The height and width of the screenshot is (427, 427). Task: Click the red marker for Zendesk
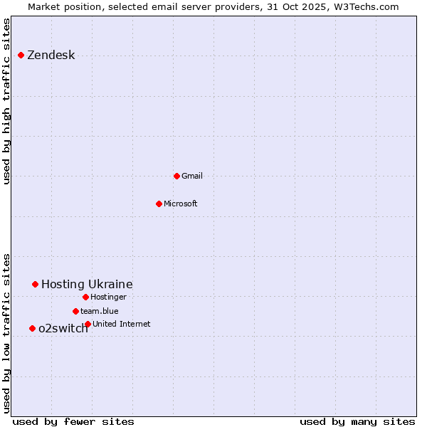coord(21,55)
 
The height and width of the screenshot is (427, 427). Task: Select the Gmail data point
coord(176,176)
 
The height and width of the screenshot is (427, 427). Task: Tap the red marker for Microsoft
coord(159,204)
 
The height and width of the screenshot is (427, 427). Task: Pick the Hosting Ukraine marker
coord(35,284)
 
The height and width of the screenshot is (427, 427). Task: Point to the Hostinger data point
coord(85,297)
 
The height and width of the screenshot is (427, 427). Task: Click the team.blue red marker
coord(75,311)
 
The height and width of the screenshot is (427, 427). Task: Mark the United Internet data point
coord(88,324)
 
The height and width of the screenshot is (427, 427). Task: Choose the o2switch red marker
coord(32,328)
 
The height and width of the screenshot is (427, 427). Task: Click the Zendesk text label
coord(51,56)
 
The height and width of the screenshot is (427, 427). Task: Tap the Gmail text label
coord(192,176)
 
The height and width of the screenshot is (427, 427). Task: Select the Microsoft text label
coord(181,204)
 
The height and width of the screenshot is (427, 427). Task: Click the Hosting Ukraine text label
coord(87,285)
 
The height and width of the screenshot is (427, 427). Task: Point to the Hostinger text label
coord(108,297)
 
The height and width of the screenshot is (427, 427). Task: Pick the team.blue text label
coord(100,311)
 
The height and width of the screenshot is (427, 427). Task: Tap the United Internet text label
coord(122,324)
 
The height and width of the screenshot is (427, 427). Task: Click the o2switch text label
coord(63,329)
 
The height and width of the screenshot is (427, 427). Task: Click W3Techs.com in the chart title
coord(368,6)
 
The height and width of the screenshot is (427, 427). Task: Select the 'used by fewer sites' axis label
coord(73,421)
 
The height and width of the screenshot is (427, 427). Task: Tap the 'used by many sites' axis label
coord(357,421)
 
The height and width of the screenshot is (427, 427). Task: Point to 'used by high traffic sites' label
coord(7,101)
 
